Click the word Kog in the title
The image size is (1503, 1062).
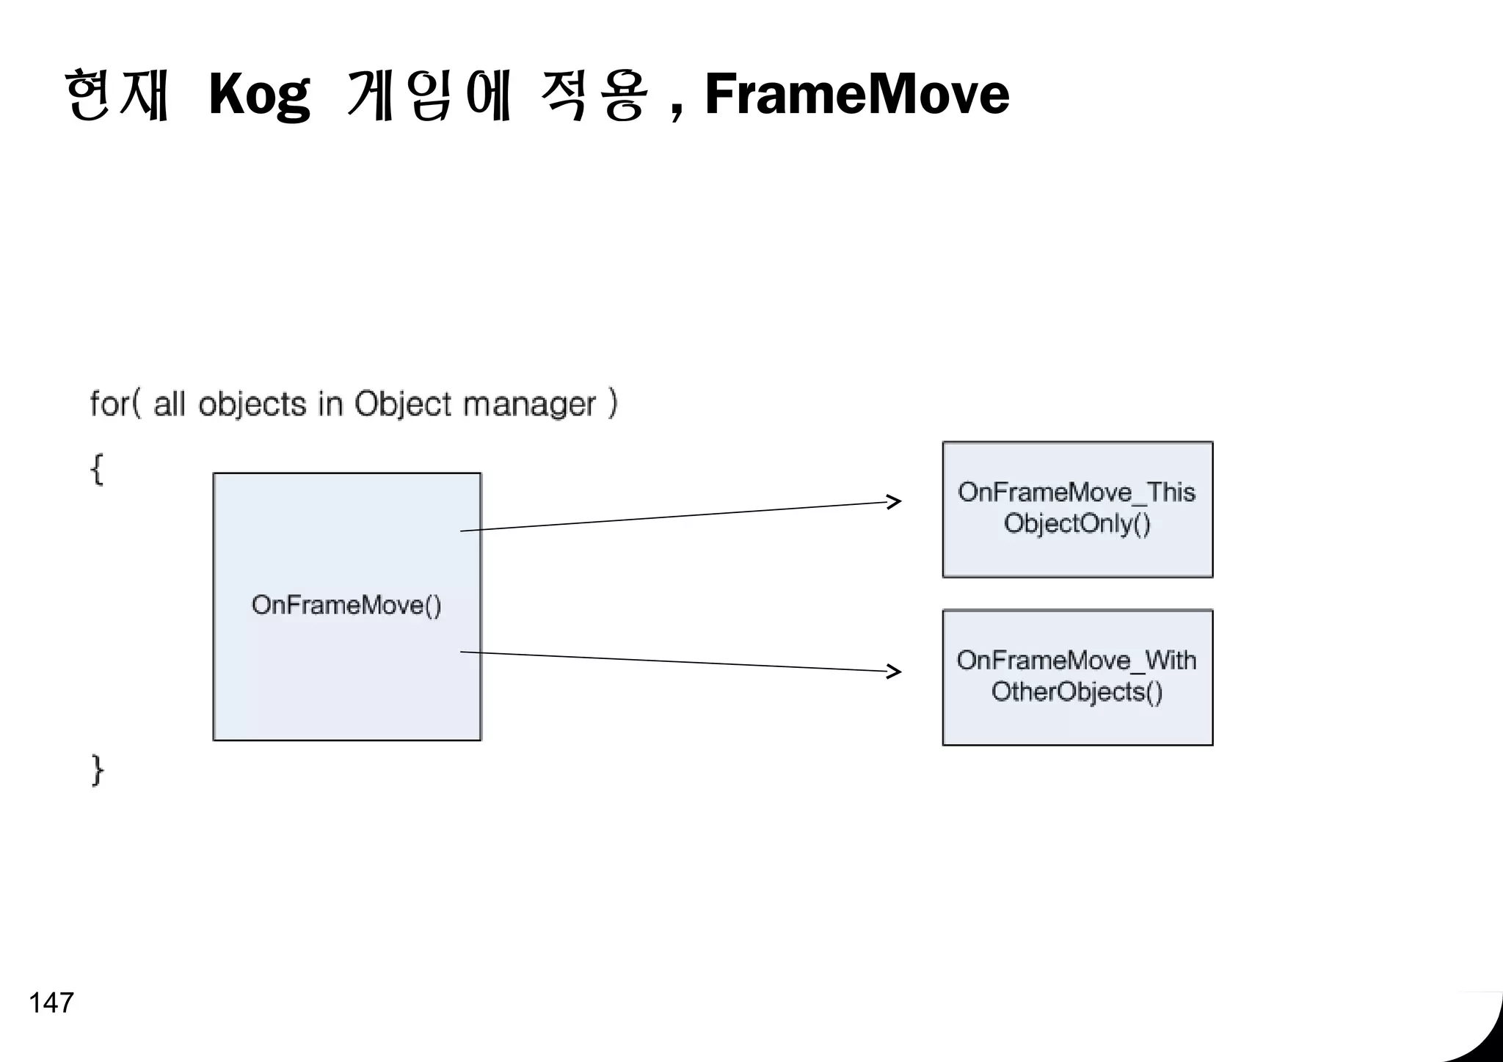tap(258, 95)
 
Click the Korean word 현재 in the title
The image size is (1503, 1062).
tap(117, 95)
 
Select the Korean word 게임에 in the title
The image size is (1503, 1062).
tap(428, 95)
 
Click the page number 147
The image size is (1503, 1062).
tap(51, 1003)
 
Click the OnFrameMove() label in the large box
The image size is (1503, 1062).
tap(346, 605)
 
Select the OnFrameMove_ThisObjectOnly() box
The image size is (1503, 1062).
tap(1077, 509)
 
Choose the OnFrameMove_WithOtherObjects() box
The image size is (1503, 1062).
tap(1077, 677)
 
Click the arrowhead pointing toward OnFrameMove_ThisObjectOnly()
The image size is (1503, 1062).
tap(894, 502)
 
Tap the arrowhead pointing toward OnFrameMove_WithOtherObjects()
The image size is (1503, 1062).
tap(894, 671)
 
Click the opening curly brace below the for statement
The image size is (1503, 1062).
tap(97, 469)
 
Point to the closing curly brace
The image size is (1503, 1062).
tap(98, 770)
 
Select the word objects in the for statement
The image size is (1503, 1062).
tap(252, 404)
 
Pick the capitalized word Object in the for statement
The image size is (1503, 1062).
tap(403, 404)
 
